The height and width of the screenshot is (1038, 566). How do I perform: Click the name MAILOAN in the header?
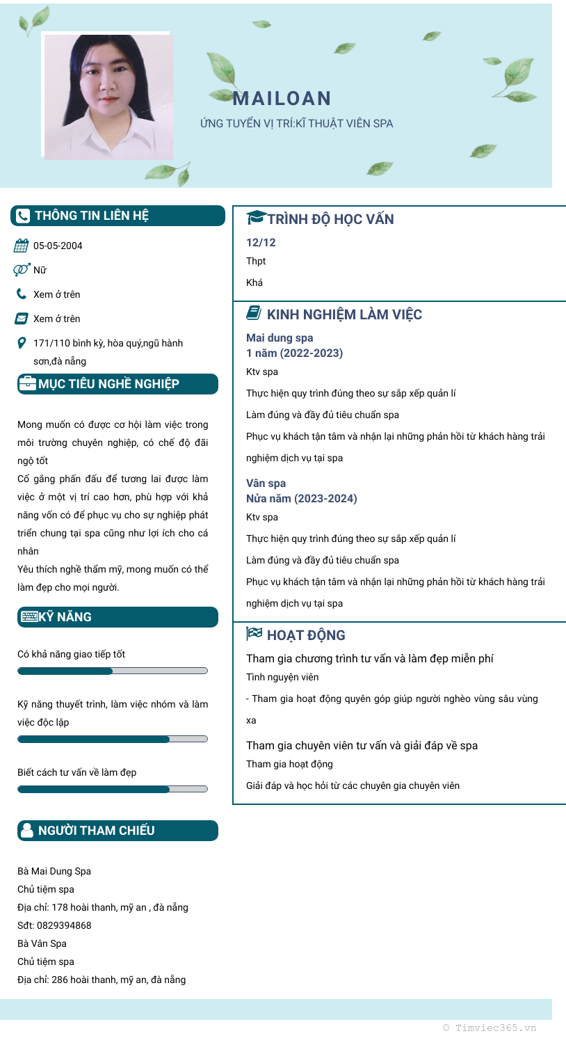(x=282, y=99)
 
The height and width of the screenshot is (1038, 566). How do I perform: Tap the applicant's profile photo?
(x=108, y=96)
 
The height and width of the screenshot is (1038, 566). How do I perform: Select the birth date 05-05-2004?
(x=58, y=246)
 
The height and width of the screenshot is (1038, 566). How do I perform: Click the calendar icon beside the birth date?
(x=22, y=246)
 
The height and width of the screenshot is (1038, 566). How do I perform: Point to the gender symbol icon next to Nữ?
(x=22, y=269)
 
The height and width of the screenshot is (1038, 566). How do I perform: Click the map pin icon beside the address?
(x=22, y=343)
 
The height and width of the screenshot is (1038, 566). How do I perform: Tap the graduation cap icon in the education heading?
(x=256, y=218)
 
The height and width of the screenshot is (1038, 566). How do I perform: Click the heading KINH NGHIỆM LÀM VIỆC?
(x=344, y=314)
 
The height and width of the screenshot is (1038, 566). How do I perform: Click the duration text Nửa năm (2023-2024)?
(x=301, y=499)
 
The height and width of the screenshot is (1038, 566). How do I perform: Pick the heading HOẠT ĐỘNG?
(x=306, y=635)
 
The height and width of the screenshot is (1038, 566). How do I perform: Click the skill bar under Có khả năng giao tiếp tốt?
(x=112, y=671)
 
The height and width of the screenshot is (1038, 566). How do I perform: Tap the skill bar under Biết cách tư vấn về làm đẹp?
(x=112, y=790)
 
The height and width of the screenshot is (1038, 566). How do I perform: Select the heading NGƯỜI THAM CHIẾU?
(x=96, y=831)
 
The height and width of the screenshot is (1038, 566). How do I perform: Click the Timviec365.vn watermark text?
(x=490, y=1028)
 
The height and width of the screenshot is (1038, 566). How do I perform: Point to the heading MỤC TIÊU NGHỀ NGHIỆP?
(x=108, y=384)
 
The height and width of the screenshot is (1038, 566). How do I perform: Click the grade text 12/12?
(x=261, y=243)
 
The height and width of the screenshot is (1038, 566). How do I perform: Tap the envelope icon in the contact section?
(x=22, y=319)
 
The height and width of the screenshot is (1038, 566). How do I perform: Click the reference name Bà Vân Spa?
(x=45, y=944)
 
